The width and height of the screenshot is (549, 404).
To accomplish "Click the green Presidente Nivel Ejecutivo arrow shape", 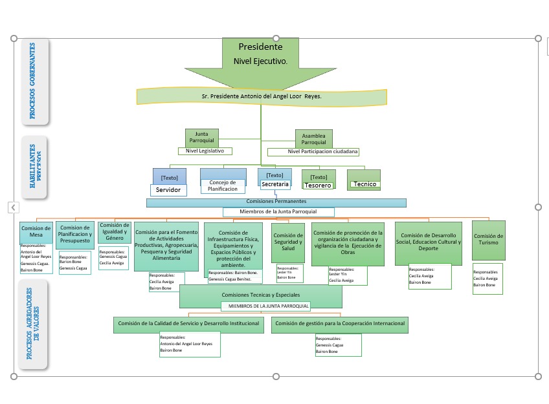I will click(260, 61).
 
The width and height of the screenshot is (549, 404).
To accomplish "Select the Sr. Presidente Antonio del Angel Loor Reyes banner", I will click(261, 96).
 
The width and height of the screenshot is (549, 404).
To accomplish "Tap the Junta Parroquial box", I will click(201, 137).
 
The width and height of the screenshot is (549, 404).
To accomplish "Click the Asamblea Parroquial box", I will click(314, 139).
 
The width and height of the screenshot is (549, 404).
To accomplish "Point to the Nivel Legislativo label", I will click(205, 151).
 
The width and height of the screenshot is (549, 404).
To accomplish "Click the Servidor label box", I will click(168, 190).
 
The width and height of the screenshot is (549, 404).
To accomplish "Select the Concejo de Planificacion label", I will click(223, 186).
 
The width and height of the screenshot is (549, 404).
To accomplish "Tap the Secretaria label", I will click(274, 185).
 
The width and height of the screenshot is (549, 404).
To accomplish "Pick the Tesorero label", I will click(318, 186).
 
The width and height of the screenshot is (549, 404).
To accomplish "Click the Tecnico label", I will click(364, 184).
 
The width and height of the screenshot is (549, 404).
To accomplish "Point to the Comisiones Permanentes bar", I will click(276, 202).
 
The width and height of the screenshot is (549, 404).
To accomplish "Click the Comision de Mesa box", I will click(36, 231).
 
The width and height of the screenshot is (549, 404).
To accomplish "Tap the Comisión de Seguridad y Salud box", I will click(287, 242).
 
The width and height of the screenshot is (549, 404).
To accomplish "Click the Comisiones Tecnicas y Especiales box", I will click(260, 295).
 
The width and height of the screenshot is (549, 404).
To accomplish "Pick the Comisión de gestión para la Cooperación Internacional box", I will click(340, 324).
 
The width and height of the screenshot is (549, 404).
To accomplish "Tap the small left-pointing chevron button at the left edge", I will click(13, 207).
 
